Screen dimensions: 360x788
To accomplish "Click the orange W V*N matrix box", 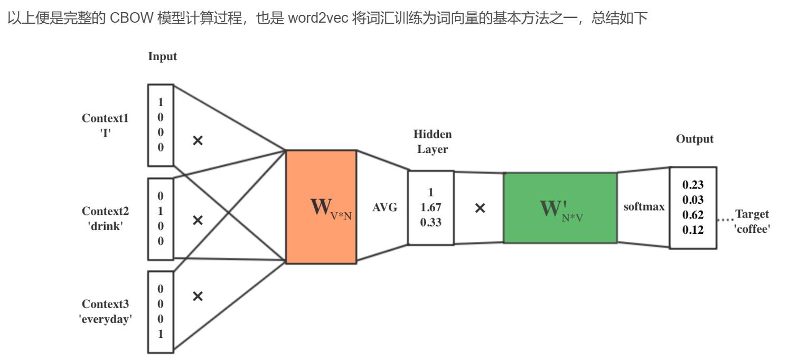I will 321,207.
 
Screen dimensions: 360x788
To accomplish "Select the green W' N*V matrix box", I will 560,208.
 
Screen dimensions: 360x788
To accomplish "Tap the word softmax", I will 644,207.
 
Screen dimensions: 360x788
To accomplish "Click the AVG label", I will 385,208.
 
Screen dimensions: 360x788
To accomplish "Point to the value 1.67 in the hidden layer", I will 431,207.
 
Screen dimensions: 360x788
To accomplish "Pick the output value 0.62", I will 693,215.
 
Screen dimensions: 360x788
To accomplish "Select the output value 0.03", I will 693,200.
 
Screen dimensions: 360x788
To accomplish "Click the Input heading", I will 163,57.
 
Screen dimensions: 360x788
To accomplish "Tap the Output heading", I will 695,139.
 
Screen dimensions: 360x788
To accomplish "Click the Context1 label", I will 105,118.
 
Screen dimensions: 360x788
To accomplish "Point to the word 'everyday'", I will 106,319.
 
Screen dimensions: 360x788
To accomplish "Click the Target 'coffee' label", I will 752,221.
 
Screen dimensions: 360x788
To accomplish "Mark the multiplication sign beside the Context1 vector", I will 198,140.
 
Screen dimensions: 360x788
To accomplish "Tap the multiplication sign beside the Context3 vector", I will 198,296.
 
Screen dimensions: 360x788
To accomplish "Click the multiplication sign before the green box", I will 480,208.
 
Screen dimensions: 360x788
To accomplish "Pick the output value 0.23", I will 693,185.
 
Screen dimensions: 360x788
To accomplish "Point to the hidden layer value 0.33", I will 431,222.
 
